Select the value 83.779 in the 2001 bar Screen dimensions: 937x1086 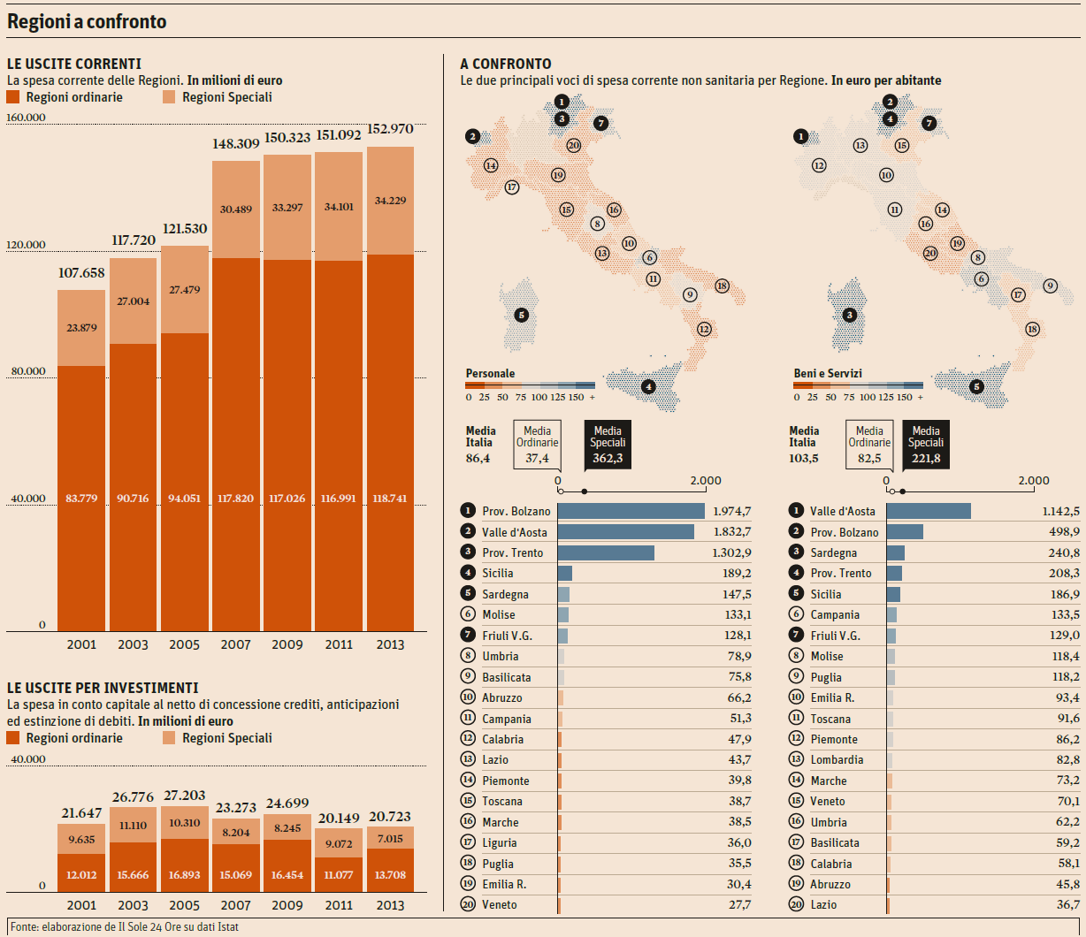pos(81,499)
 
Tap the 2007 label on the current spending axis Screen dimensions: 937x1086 pos(235,645)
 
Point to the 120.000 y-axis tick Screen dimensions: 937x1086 pos(26,246)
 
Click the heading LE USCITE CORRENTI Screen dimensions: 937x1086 pos(73,64)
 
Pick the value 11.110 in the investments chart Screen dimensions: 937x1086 pos(133,825)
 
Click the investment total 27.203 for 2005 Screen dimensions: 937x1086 pos(185,796)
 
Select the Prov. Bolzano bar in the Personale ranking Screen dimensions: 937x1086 pos(631,511)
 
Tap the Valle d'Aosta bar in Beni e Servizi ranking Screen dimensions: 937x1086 pos(929,511)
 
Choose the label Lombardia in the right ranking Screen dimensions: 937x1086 pos(837,760)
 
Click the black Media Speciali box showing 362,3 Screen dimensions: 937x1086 pos(608,444)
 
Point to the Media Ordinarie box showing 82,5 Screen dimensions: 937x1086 pos(869,444)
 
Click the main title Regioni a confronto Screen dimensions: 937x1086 pos(87,21)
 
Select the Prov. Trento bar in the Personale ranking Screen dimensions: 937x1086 pos(606,552)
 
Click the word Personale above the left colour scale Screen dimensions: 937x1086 pos(490,374)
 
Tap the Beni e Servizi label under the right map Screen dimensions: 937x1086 pos(828,374)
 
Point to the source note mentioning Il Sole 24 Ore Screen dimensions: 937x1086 pos(125,926)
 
